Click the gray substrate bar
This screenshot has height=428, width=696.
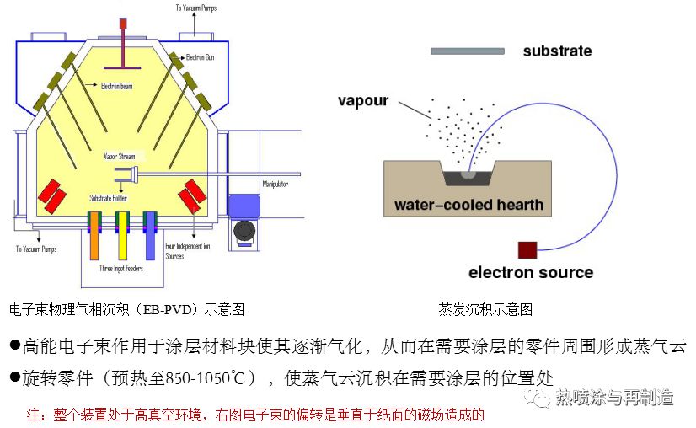[x=467, y=51]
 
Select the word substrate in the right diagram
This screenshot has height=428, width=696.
[x=557, y=51]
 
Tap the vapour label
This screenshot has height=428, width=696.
[x=363, y=101]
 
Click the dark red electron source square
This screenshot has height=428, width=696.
[x=528, y=249]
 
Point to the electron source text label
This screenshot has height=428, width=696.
[x=531, y=273]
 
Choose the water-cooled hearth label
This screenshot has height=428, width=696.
[x=469, y=205]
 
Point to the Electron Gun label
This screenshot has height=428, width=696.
[x=202, y=57]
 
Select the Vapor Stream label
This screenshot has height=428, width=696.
[x=119, y=156]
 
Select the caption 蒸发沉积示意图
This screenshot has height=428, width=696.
[x=485, y=310]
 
